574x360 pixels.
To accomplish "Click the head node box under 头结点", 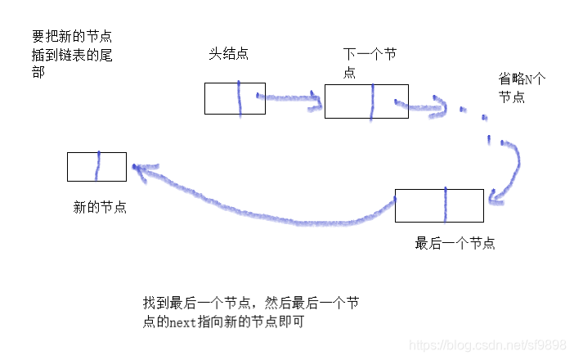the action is pyautogui.click(x=235, y=98).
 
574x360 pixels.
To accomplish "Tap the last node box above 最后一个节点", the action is pyautogui.click(x=439, y=205).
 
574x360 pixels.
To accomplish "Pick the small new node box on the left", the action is pyautogui.click(x=96, y=166).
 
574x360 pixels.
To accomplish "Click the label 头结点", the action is pyautogui.click(x=229, y=53).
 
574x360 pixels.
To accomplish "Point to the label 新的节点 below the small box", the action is pyautogui.click(x=100, y=207).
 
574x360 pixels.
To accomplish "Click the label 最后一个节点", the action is pyautogui.click(x=455, y=243).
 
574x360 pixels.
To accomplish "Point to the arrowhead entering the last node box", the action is pyautogui.click(x=492, y=199).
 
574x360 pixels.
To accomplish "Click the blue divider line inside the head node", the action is pyautogui.click(x=239, y=98).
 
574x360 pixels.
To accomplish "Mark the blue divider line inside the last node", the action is pyautogui.click(x=446, y=205).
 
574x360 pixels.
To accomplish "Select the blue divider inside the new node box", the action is pyautogui.click(x=98, y=166).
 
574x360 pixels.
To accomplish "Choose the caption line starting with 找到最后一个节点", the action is pyautogui.click(x=250, y=304).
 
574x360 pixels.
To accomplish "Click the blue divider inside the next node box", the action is pyautogui.click(x=372, y=102).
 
